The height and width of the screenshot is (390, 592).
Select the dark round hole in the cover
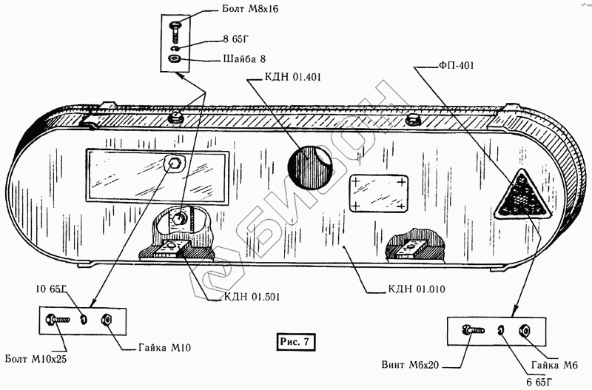pos(309,168)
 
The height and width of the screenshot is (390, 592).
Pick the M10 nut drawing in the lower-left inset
pos(105,320)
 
